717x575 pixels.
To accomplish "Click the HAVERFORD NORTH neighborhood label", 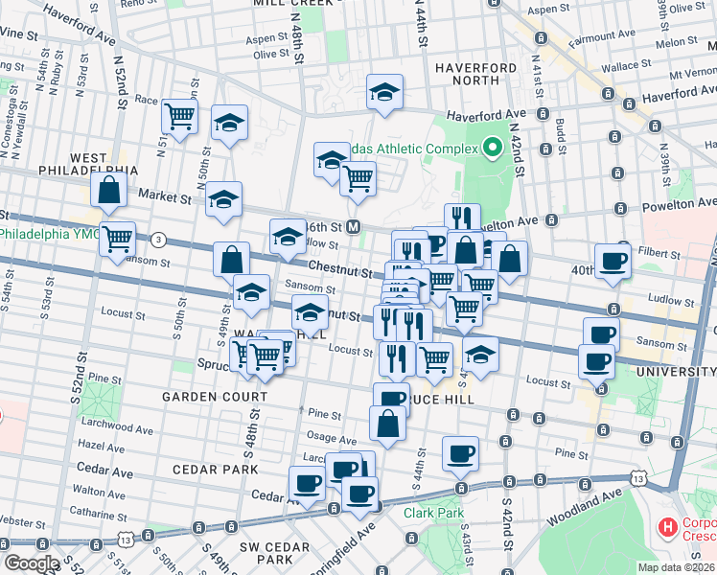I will [475, 76].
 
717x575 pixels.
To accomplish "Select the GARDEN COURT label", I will [215, 397].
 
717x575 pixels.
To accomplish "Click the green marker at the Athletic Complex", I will [493, 148].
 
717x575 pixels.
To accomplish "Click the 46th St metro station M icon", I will [354, 227].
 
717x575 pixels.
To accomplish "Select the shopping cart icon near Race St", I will [179, 117].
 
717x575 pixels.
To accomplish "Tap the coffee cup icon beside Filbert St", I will [613, 260].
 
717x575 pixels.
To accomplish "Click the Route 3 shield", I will [158, 239].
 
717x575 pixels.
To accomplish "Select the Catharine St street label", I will [98, 514].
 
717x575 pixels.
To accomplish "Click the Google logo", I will [32, 563].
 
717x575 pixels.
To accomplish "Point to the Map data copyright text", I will [676, 567].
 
